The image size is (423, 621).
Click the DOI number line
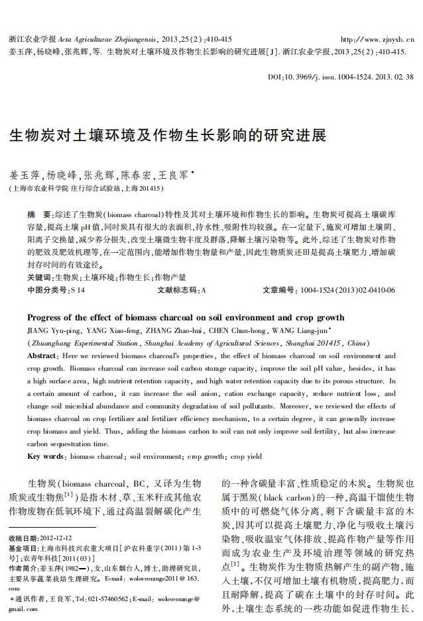(x=341, y=78)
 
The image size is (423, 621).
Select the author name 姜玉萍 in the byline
(x=24, y=176)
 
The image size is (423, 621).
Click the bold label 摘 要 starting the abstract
(x=38, y=215)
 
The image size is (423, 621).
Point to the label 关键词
(x=39, y=277)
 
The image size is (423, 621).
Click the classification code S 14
(x=78, y=290)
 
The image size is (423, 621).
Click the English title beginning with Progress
(x=186, y=318)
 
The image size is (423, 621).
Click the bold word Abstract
(x=41, y=356)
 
